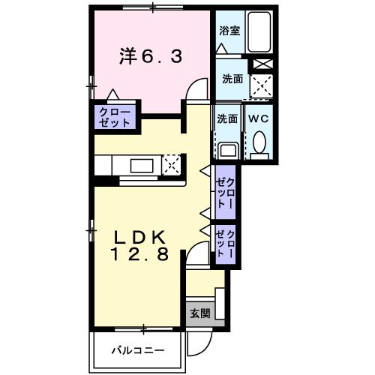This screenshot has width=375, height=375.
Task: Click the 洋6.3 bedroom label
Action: (151, 56)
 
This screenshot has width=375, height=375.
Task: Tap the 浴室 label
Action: (229, 31)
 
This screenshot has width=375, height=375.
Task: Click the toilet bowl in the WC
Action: (260, 142)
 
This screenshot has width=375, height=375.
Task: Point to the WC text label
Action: (259, 118)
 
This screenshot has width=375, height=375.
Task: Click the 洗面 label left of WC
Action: (227, 118)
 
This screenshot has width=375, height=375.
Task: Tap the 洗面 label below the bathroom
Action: (232, 77)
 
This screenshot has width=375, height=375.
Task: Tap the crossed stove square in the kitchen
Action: (172, 164)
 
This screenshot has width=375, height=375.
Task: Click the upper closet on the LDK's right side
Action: (226, 193)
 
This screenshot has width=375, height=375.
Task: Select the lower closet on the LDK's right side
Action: (226, 244)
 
